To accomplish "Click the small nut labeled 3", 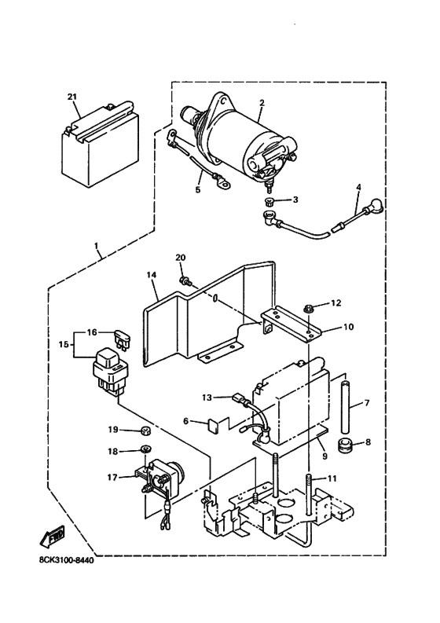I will pyautogui.click(x=269, y=203).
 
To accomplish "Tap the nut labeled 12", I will pyautogui.click(x=308, y=304).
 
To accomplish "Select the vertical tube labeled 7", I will pyautogui.click(x=343, y=409).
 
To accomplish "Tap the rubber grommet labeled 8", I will pyautogui.click(x=343, y=448).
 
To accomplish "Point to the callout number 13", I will pyautogui.click(x=207, y=398).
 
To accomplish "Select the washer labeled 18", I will pyautogui.click(x=145, y=450).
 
